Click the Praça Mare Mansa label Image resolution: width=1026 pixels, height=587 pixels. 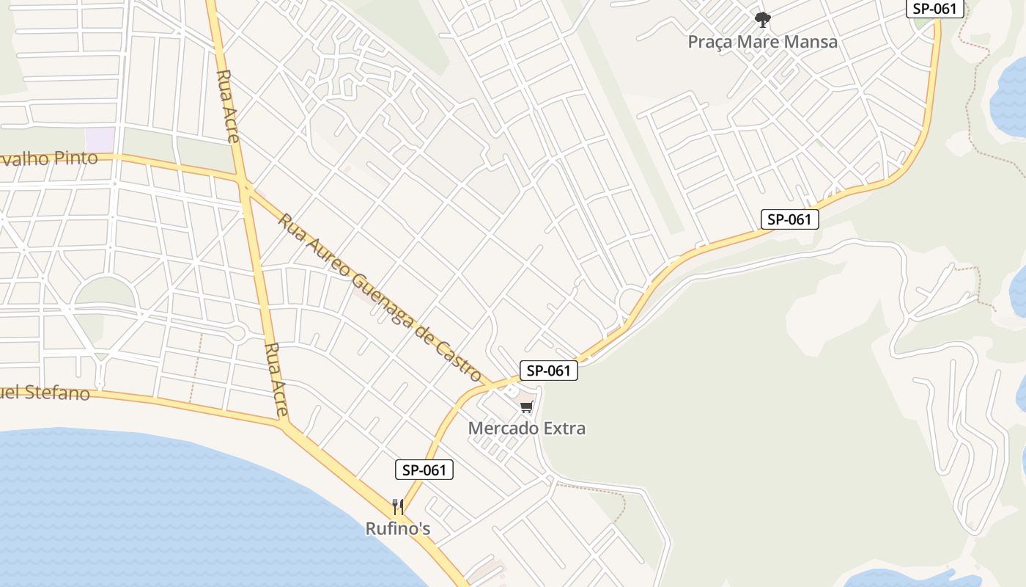[762, 42]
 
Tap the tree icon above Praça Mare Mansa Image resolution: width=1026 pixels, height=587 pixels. [763, 19]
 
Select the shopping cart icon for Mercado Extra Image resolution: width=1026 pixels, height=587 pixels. [526, 406]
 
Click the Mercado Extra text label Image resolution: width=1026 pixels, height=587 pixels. [526, 428]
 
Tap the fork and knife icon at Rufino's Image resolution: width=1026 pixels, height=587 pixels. [397, 506]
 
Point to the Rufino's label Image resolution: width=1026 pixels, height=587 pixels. [397, 528]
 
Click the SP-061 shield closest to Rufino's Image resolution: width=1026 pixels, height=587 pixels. [424, 470]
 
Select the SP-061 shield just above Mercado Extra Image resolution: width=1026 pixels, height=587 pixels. [549, 371]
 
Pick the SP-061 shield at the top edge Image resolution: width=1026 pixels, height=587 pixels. [934, 9]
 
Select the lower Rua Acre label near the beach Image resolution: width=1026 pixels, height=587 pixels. [276, 379]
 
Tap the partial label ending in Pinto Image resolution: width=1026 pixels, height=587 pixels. [48, 158]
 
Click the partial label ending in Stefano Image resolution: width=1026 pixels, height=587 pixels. [44, 393]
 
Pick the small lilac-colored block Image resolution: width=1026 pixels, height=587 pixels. [100, 139]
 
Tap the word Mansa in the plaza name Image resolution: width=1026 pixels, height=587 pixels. [809, 42]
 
